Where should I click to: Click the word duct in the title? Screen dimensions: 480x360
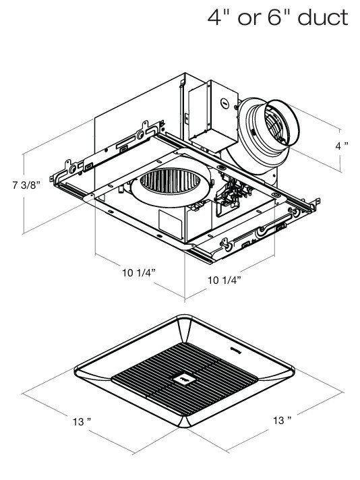point(322,18)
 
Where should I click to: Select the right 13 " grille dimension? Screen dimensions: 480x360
point(282,420)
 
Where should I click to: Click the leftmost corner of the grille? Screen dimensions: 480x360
point(75,370)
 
